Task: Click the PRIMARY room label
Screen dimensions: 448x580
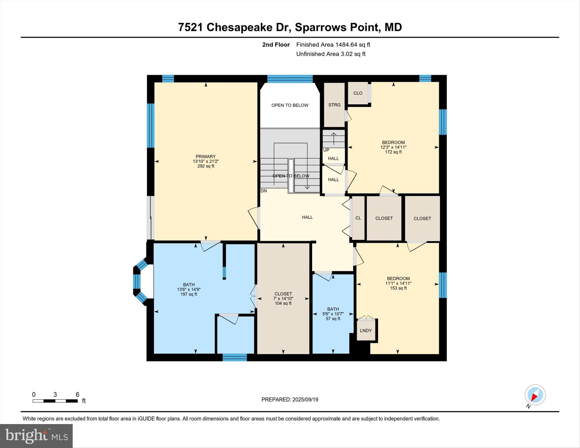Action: coord(205,156)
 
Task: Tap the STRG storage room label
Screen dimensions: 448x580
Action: coord(334,105)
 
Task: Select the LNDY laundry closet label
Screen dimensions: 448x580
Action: coord(365,331)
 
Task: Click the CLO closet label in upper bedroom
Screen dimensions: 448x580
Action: coord(358,93)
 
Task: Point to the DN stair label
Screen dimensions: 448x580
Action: coord(264,191)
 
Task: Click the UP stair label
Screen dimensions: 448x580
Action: coord(326,150)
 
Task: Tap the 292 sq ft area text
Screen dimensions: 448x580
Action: coord(205,166)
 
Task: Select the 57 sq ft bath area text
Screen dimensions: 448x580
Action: coord(333,319)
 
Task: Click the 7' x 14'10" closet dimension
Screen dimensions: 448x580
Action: coord(283,299)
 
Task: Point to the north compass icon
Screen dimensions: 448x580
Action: coord(535,395)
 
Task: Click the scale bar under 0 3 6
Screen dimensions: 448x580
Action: coord(55,401)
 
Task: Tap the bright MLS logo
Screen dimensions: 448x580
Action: coord(36,436)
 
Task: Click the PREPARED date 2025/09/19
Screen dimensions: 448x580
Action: coord(290,400)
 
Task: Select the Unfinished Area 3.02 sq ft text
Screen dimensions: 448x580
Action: coord(330,54)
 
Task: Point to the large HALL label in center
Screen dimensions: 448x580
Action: coord(307,217)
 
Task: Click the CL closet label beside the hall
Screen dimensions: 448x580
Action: coord(358,218)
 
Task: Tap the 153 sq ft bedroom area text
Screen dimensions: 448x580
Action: coord(398,288)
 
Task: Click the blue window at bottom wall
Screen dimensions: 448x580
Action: coord(235,357)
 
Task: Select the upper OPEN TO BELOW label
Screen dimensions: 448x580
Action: coord(290,105)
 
